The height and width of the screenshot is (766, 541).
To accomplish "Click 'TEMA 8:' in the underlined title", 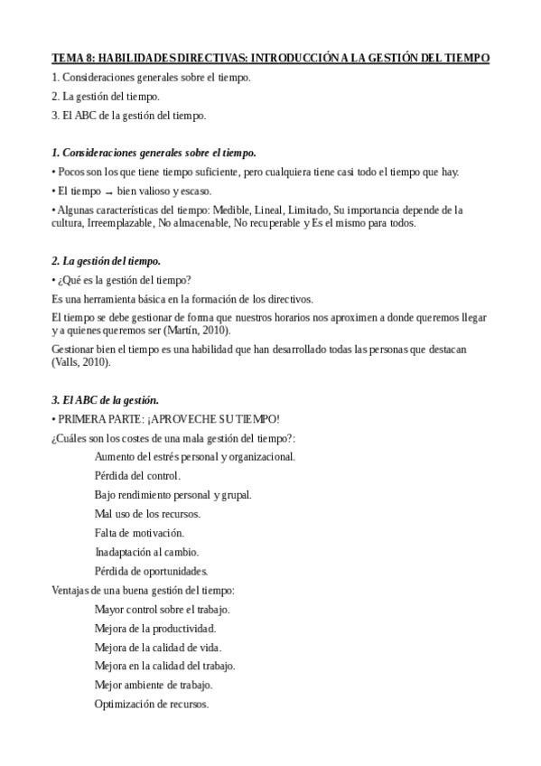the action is click(x=71, y=57).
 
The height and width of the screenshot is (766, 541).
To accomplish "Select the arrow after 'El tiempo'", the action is click(x=107, y=191).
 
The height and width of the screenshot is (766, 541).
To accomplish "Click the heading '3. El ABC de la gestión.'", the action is click(x=105, y=399).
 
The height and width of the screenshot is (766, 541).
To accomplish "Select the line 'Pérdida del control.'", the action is click(x=137, y=475).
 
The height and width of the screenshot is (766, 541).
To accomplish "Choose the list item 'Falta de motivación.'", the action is click(x=139, y=532).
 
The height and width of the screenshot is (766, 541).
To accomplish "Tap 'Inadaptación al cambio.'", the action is click(x=146, y=551).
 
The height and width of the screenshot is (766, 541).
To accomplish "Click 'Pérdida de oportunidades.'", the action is click(x=151, y=570).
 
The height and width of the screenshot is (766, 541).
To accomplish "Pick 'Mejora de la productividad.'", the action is click(x=154, y=628).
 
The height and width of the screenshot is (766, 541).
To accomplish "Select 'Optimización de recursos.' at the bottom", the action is click(x=151, y=704).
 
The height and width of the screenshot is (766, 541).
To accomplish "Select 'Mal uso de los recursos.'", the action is click(x=147, y=513).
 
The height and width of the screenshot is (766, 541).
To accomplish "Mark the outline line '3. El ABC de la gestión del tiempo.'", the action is click(x=129, y=115).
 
